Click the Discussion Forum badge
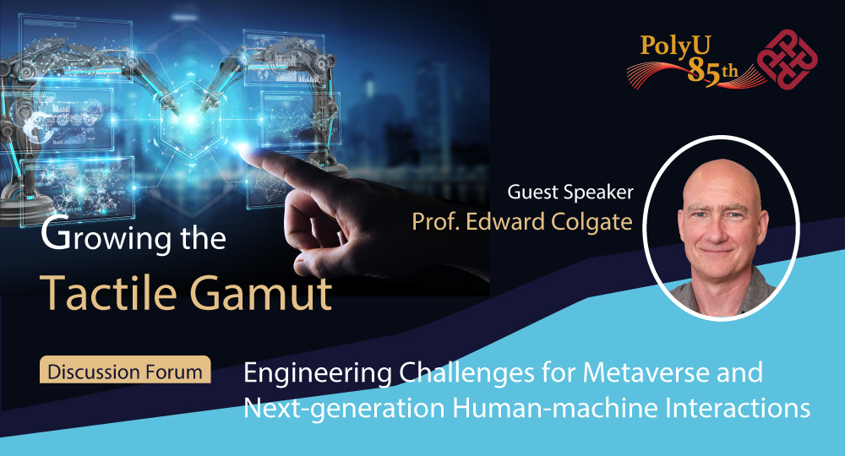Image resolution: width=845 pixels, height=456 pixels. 125,371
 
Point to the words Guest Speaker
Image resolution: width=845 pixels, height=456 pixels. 570,192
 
